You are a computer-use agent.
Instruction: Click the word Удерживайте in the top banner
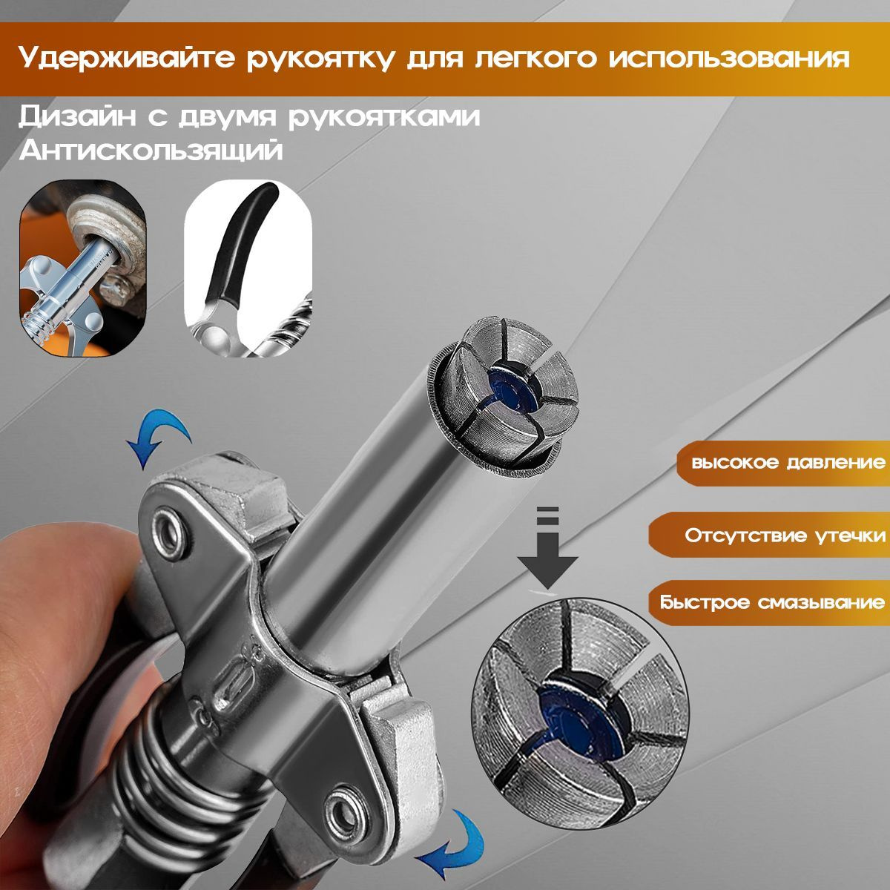(125, 59)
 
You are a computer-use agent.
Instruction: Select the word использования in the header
(727, 59)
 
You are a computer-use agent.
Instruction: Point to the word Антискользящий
(151, 151)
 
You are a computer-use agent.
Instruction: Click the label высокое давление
(788, 462)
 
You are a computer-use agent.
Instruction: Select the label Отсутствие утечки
(785, 535)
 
